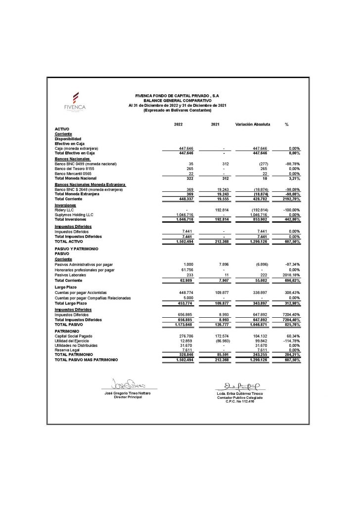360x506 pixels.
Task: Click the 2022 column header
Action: point(179,124)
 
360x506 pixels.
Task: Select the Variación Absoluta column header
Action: point(252,124)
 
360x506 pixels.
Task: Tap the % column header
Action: point(286,124)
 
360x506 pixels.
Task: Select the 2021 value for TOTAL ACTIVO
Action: point(217,242)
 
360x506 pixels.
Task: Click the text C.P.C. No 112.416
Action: point(239,401)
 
